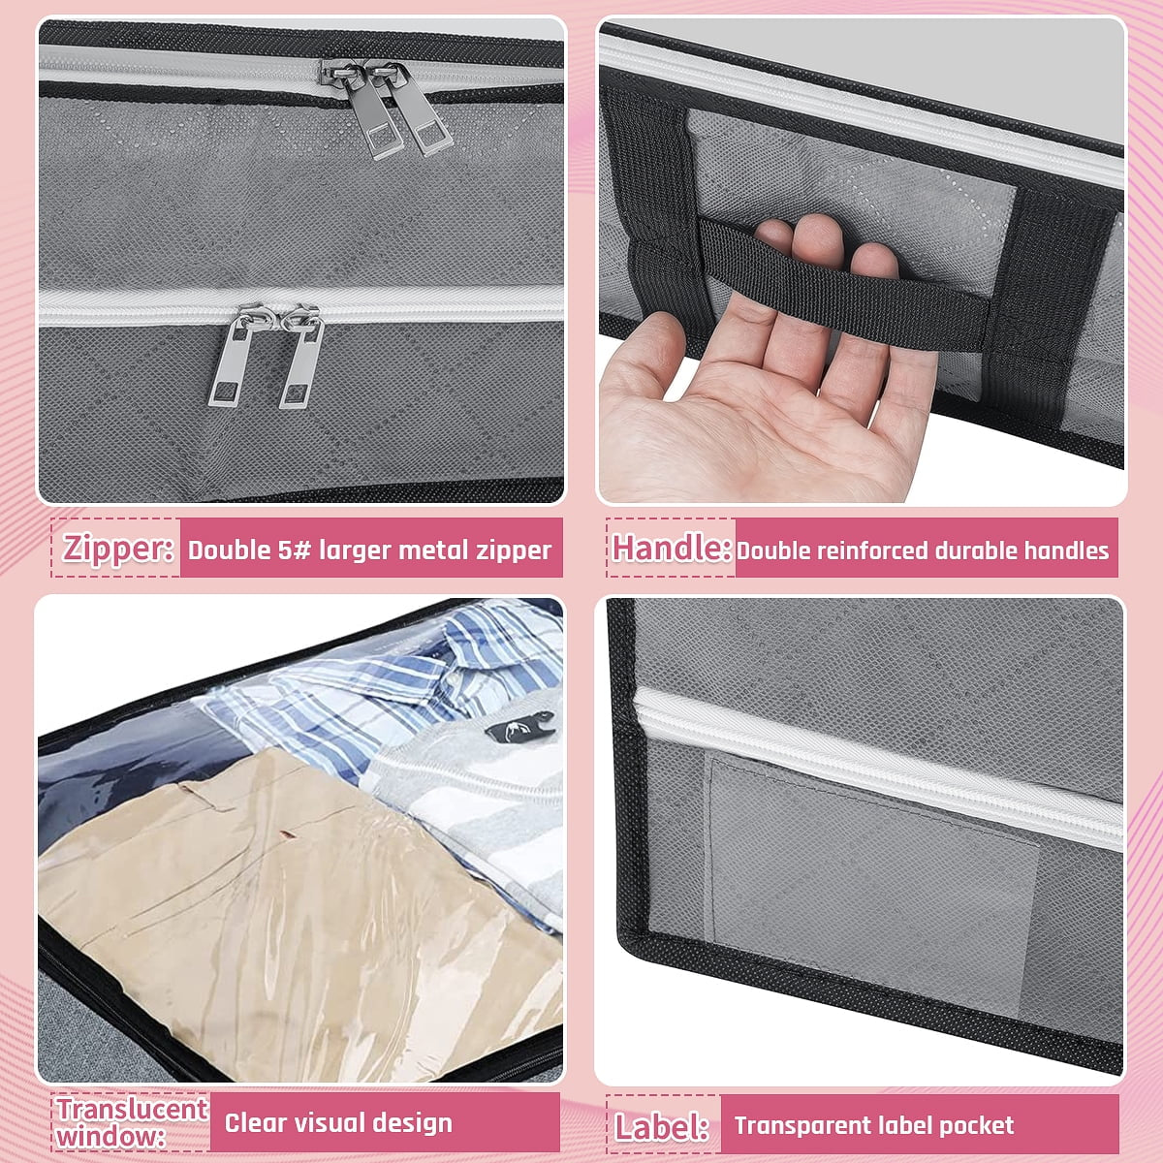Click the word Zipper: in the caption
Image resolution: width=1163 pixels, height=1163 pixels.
(118, 548)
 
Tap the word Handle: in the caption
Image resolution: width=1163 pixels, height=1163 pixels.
(672, 548)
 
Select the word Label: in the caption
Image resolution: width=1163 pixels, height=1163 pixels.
(662, 1126)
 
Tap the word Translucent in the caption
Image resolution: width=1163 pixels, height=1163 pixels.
(132, 1109)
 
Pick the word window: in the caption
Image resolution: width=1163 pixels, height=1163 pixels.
(110, 1137)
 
